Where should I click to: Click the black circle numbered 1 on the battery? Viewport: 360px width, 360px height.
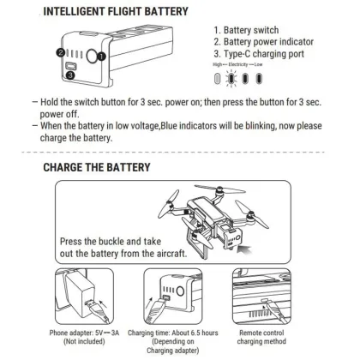coord(102,57)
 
